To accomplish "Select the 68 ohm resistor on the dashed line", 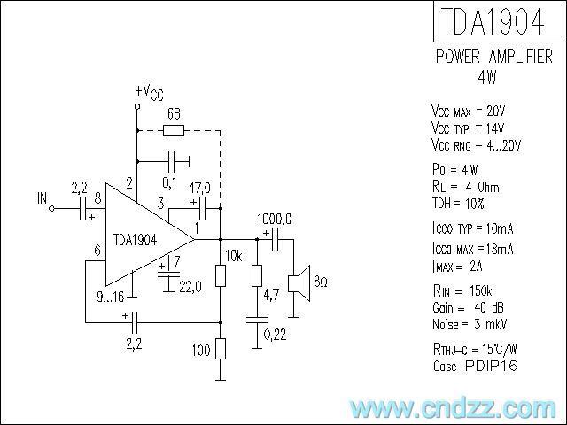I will [174, 131].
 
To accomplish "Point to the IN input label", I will [42, 197].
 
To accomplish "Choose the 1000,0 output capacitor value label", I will [276, 219].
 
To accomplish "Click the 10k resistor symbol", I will [221, 276].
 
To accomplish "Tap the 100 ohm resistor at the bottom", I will [221, 349].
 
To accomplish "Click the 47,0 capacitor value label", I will [200, 188].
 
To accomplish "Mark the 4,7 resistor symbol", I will [256, 276].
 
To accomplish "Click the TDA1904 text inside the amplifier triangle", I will [135, 240].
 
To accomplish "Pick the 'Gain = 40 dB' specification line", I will [468, 307].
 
